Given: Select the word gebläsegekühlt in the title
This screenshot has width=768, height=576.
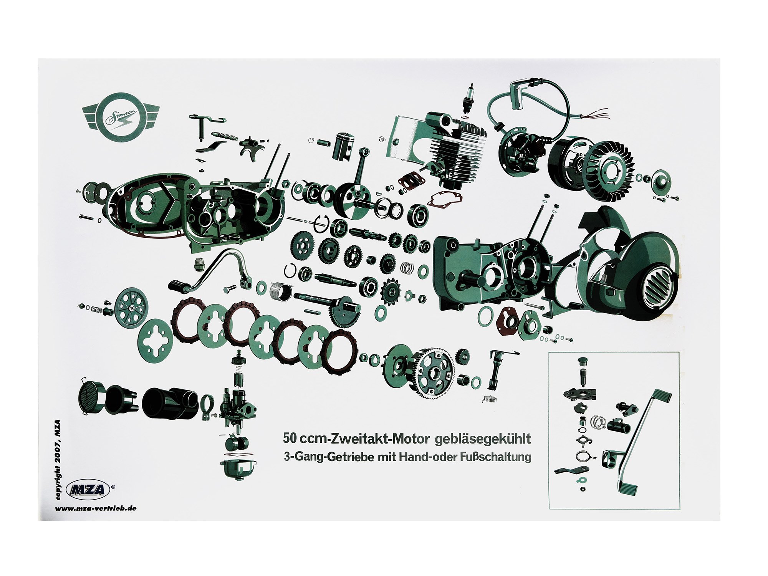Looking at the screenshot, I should [x=483, y=439].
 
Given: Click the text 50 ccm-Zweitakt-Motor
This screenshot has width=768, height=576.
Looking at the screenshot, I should [x=355, y=439].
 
